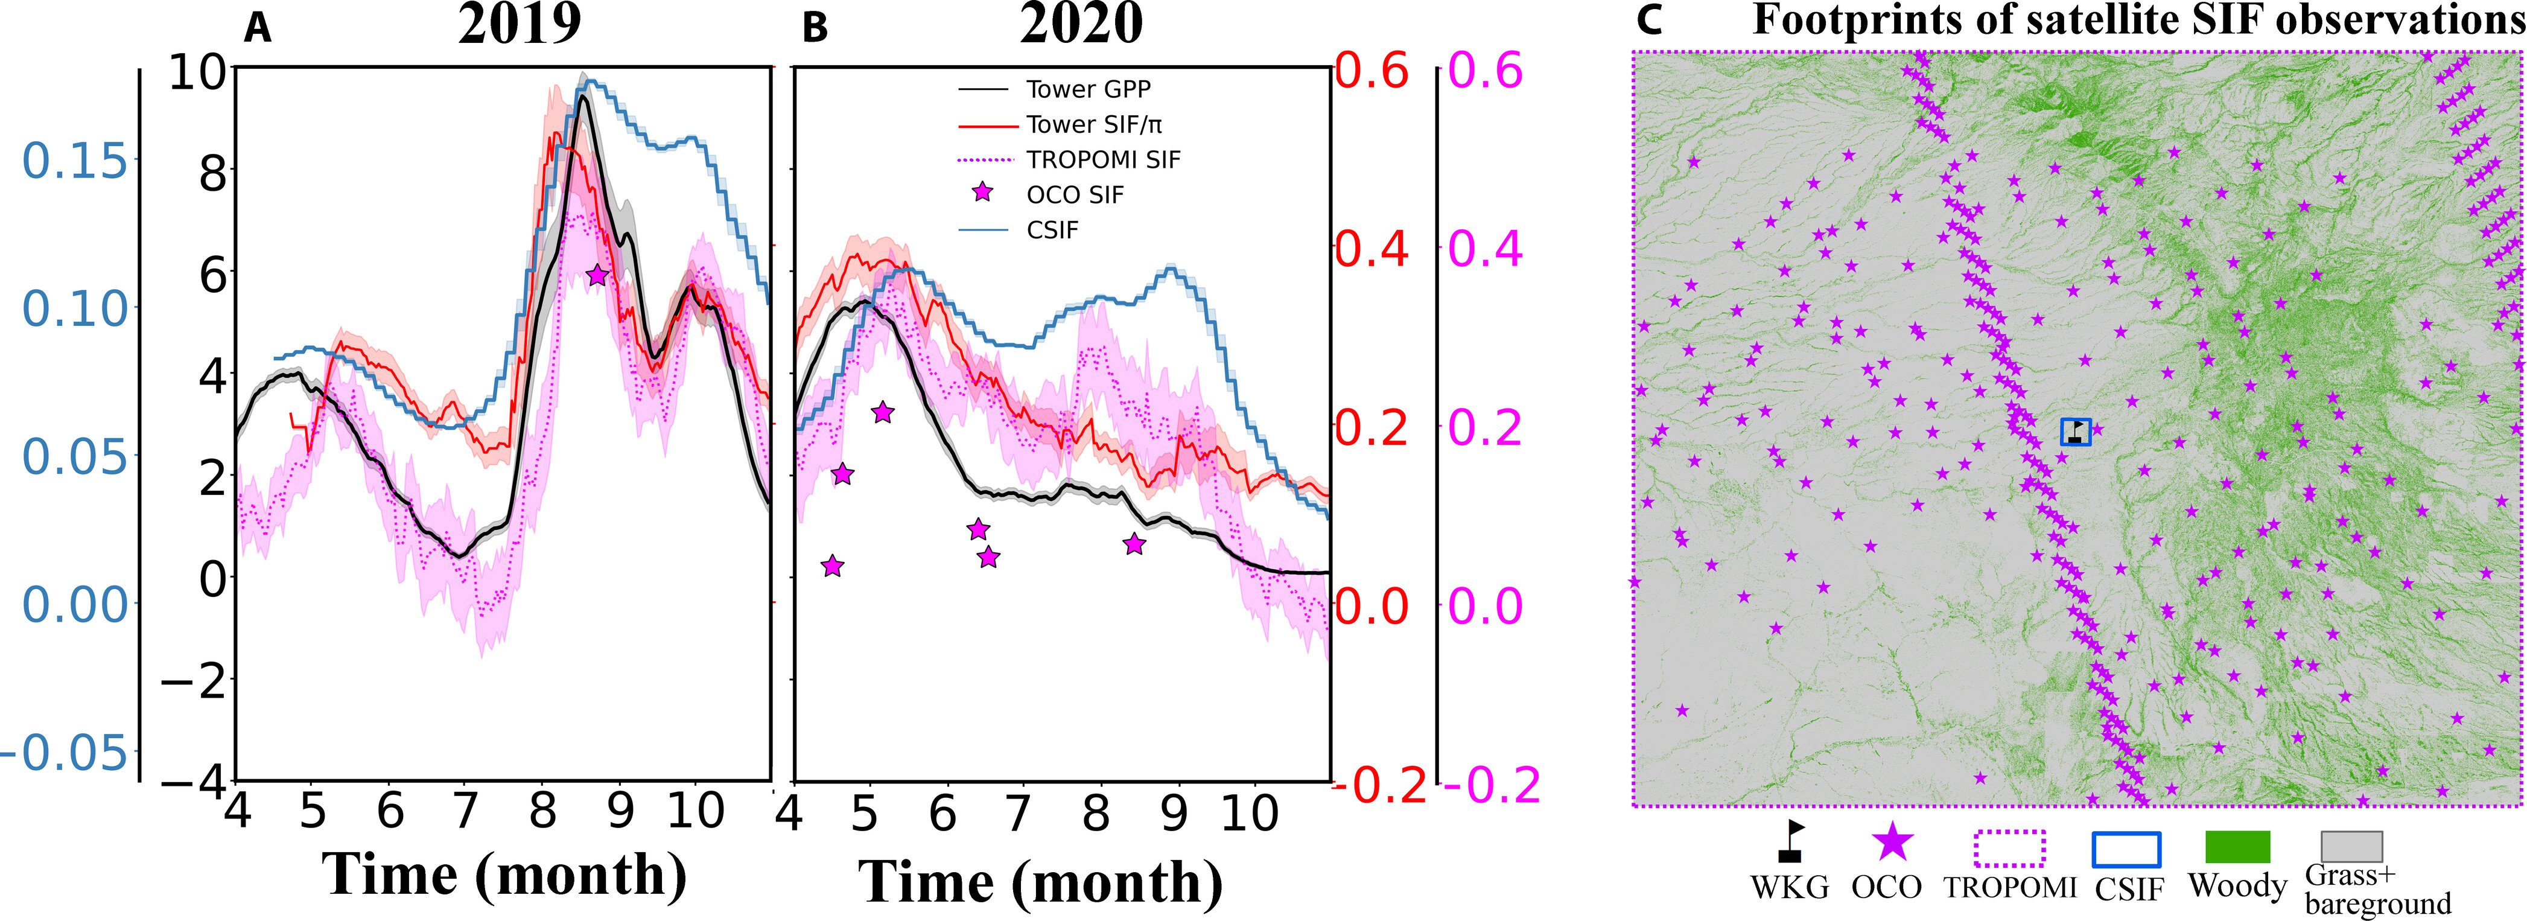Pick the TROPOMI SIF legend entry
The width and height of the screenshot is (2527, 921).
(x=1104, y=160)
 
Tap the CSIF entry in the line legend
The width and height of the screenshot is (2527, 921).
(x=1052, y=231)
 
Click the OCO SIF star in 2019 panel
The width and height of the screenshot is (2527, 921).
(x=597, y=276)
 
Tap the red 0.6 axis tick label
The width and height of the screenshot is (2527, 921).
(x=1372, y=72)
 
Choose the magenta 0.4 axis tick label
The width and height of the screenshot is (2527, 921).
(x=1485, y=249)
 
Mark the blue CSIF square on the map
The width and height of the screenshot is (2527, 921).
(x=2076, y=432)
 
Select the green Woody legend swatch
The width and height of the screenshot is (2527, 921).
(x=2237, y=846)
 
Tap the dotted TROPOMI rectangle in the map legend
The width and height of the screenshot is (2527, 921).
(x=2009, y=849)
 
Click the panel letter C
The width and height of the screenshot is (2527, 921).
(x=1649, y=20)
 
